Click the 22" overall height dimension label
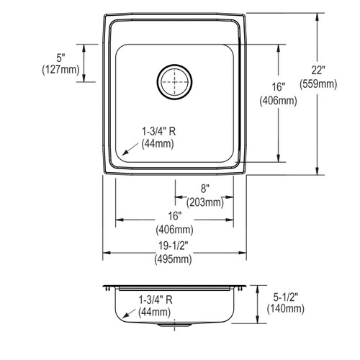(318, 71)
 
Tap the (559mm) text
(318, 84)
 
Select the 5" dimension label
(60, 58)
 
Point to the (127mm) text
(60, 70)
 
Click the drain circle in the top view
(174, 82)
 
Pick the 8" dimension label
(205, 189)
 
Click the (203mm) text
(205, 202)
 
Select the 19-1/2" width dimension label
(173, 246)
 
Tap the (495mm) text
(173, 259)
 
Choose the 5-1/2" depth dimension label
(286, 297)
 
